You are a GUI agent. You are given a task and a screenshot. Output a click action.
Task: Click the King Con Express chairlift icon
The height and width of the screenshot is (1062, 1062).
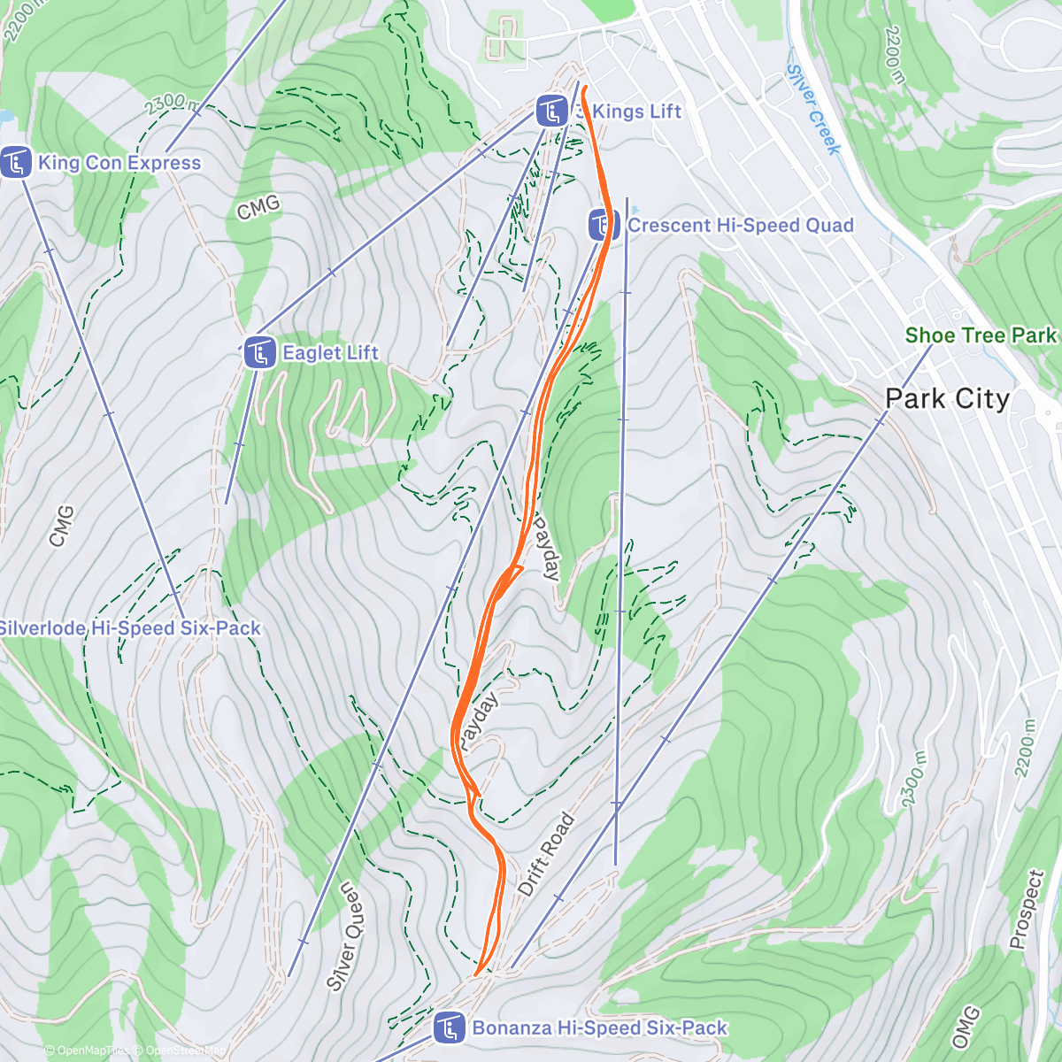tap(16, 163)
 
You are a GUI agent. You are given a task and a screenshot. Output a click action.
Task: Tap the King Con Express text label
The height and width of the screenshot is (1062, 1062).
tap(119, 163)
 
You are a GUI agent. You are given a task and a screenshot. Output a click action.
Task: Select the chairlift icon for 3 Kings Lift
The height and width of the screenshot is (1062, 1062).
tap(552, 112)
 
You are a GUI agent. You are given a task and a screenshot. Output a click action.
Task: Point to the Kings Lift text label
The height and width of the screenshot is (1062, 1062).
tap(635, 112)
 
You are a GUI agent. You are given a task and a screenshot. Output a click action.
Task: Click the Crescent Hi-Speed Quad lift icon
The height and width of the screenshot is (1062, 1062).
tap(604, 225)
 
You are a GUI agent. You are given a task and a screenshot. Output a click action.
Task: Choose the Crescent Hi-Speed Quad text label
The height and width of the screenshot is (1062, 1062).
tap(740, 226)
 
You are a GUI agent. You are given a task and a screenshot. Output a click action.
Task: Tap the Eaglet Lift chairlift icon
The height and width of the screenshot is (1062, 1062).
tap(259, 353)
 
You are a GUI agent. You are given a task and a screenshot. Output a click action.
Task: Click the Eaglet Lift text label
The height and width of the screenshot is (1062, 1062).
tap(330, 353)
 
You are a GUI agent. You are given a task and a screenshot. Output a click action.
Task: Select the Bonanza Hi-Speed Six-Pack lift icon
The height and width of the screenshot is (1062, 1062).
tap(450, 1027)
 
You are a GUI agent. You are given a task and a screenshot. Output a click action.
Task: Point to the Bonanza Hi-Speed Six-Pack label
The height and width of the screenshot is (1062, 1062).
tap(599, 1027)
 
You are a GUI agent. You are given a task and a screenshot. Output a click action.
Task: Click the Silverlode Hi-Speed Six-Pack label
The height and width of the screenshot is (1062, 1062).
tap(130, 628)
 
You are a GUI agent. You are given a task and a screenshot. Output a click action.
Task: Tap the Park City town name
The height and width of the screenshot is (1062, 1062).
tap(947, 399)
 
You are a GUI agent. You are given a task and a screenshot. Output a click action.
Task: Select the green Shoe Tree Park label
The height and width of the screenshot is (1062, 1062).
tap(981, 335)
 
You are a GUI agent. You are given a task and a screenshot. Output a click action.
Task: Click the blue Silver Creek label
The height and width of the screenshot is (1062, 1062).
tap(812, 109)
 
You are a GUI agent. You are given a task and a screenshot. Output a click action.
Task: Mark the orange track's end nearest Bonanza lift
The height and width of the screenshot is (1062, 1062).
tap(478, 974)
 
